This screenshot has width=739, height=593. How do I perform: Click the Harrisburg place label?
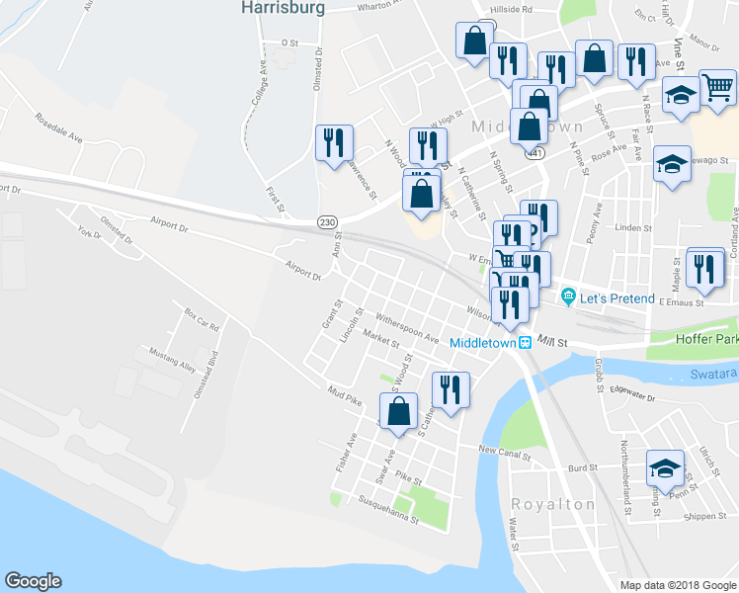pyautogui.click(x=282, y=8)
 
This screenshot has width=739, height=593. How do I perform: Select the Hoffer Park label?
pyautogui.click(x=704, y=338)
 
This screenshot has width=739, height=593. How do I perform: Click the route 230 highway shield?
pyautogui.click(x=326, y=223)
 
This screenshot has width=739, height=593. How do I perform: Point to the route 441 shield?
pyautogui.click(x=534, y=154)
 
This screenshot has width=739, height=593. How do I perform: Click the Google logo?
pyautogui.click(x=34, y=581)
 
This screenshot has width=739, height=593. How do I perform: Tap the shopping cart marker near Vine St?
pyautogui.click(x=718, y=87)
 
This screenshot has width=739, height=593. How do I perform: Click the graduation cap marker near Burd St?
pyautogui.click(x=665, y=466)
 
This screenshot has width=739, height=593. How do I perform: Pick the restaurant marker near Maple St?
pyautogui.click(x=704, y=269)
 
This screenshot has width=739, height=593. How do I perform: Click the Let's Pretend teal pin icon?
pyautogui.click(x=568, y=297)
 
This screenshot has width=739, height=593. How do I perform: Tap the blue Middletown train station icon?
pyautogui.click(x=528, y=343)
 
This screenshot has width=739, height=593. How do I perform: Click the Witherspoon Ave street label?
pyautogui.click(x=406, y=330)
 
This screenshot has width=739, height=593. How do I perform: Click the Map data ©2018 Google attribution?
pyautogui.click(x=677, y=584)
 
